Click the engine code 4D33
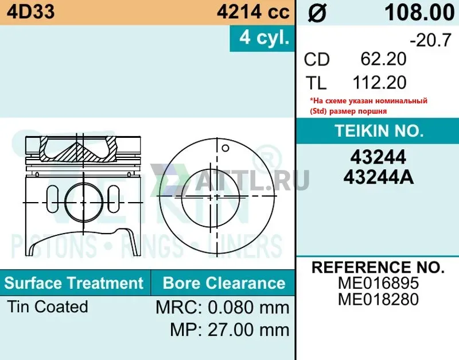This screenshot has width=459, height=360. (31, 12)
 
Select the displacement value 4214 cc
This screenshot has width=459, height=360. (253, 12)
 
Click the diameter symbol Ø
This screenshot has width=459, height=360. (317, 13)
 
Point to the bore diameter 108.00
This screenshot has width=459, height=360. (419, 13)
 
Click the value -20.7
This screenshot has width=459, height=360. (430, 40)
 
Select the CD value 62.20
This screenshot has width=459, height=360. (383, 59)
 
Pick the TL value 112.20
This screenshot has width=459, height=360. (379, 82)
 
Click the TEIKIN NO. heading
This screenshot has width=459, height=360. (379, 131)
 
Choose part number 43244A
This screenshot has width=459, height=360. (379, 177)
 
